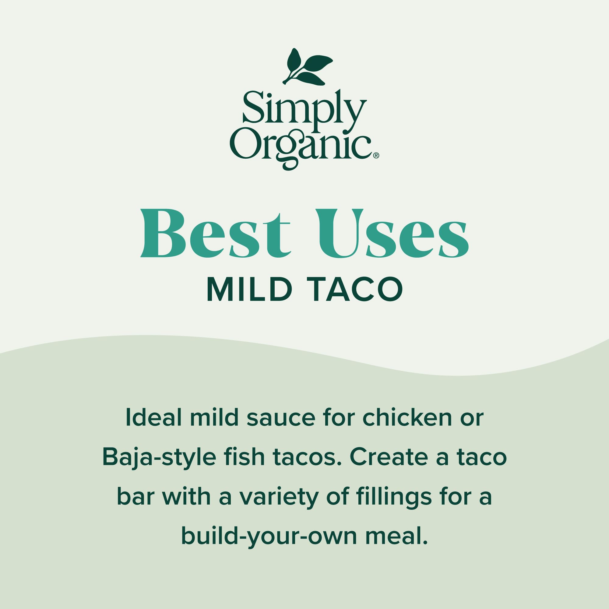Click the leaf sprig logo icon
click(x=307, y=67)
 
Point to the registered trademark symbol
click(x=376, y=155)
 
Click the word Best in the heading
click(x=215, y=233)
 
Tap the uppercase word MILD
click(x=248, y=290)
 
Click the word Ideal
click(x=154, y=418)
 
